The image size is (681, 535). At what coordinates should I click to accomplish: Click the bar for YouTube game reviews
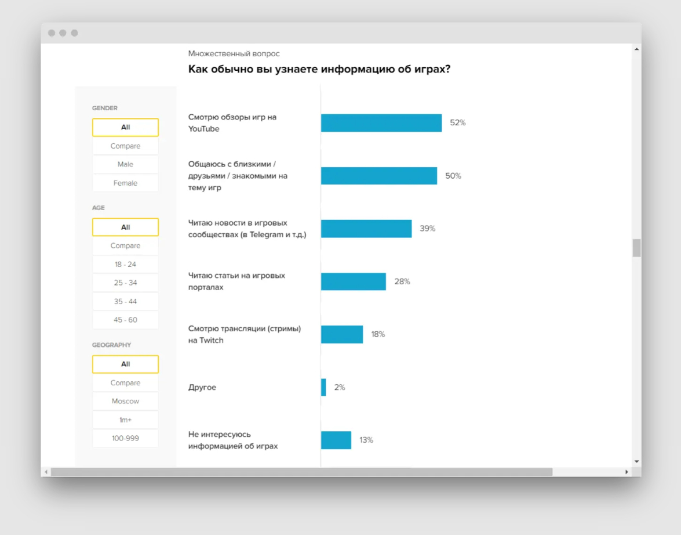[381, 123]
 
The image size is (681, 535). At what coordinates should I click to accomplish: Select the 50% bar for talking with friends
[379, 176]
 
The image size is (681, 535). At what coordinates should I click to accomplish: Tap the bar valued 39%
[366, 229]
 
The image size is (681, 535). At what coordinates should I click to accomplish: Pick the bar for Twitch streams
[342, 334]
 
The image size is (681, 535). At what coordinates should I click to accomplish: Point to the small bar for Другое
[323, 387]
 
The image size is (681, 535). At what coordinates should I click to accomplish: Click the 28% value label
[402, 281]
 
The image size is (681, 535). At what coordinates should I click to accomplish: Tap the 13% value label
[366, 440]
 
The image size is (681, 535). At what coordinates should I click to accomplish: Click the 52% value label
[458, 123]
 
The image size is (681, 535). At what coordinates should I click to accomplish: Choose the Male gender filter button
[125, 164]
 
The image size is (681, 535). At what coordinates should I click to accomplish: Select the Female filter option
[125, 183]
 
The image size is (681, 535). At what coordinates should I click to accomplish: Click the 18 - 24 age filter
[125, 264]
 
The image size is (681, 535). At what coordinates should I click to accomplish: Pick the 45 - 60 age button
[125, 320]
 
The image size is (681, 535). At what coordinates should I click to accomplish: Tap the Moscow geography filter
[125, 401]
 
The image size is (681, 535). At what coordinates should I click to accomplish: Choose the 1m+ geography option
[125, 420]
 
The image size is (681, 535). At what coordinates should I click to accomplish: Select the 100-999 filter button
[125, 438]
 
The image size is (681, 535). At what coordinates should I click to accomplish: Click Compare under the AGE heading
[125, 245]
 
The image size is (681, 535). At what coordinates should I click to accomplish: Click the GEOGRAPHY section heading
[111, 345]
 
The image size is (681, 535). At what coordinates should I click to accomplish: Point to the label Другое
[202, 387]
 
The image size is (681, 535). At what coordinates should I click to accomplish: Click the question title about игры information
[319, 69]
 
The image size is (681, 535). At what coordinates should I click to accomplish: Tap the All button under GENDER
[125, 127]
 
